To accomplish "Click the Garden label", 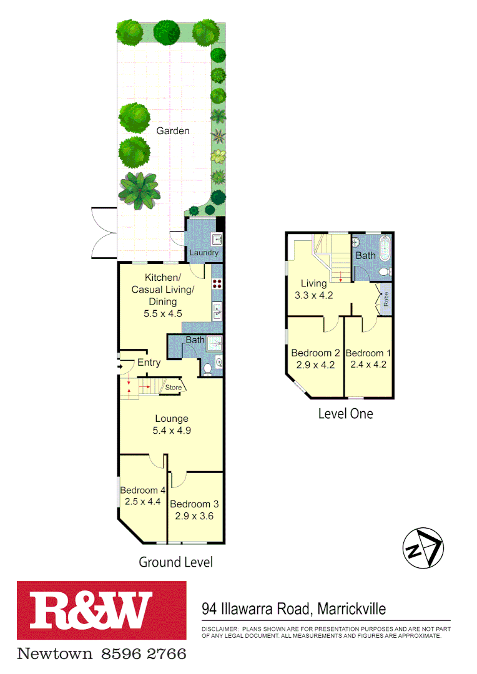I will tap(172, 130).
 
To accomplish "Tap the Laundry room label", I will tap(204, 253).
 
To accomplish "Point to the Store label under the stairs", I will tap(173, 388).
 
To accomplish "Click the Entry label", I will tap(149, 363).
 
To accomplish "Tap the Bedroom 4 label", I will tap(142, 490).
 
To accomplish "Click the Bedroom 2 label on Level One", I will tap(315, 353).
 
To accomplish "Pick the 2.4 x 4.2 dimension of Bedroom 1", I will tap(369, 364).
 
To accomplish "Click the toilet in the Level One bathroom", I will tap(385, 270).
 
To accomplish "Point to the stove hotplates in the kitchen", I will tap(217, 283).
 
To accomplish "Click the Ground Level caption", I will tap(175, 562).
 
